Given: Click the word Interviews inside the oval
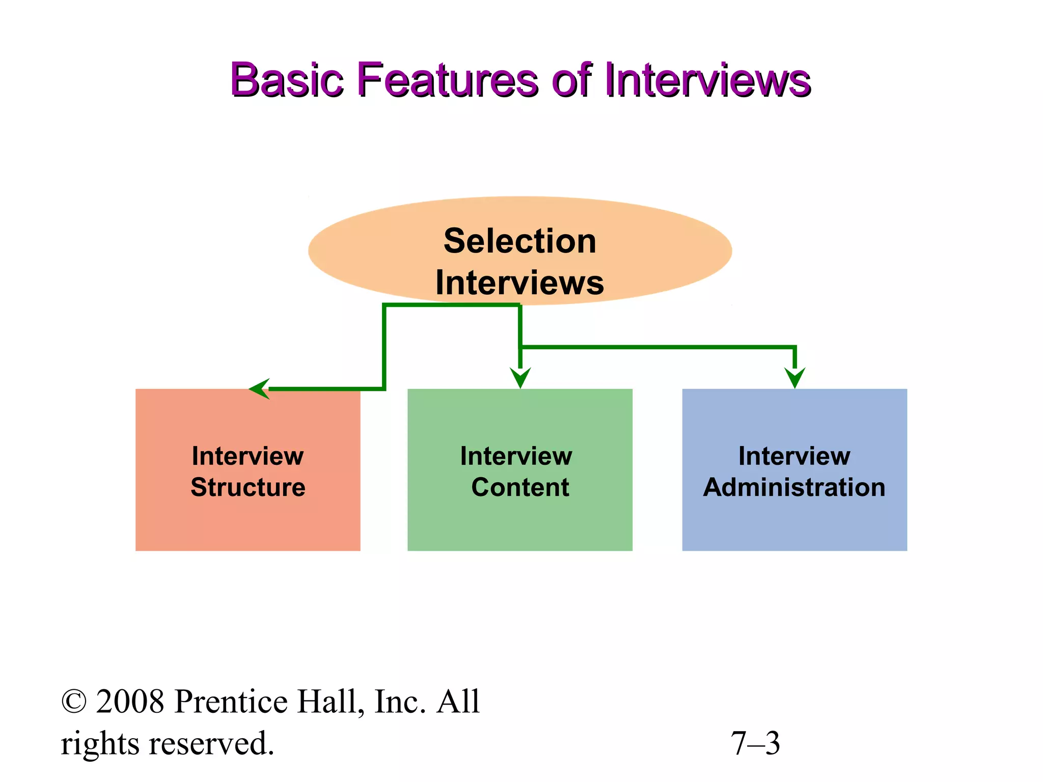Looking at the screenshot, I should pos(519,283).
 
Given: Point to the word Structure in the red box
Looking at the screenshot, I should pos(248,487).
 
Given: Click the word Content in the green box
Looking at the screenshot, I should pos(520,487).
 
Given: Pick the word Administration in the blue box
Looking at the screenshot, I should pos(794,487).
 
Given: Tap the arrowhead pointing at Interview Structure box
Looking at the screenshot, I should pos(260,389).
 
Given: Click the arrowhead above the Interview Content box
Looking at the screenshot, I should pos(520,378).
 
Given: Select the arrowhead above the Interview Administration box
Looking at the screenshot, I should pos(794,378).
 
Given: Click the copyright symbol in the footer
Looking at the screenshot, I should pos(74,702).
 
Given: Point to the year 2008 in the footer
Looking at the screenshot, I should pos(130,702).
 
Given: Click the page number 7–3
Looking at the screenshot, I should pos(755,743).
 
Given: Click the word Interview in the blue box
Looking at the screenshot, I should pos(794,456).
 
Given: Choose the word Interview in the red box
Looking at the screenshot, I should pos(248,456).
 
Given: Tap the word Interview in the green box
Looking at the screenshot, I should pos(516,456).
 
